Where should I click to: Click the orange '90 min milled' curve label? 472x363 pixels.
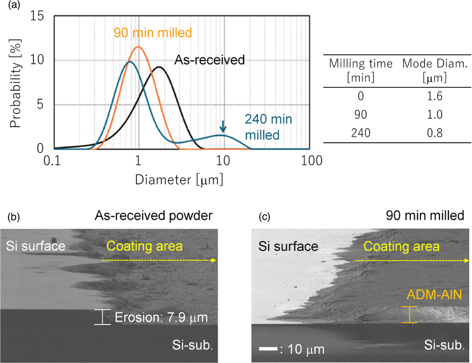[x=153, y=33]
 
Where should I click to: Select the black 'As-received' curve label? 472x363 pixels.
[x=209, y=60]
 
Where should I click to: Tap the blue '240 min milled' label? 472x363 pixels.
[x=268, y=127]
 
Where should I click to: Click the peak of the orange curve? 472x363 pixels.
[x=138, y=47]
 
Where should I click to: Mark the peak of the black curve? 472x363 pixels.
[x=159, y=67]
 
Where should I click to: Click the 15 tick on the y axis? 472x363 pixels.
[x=37, y=16]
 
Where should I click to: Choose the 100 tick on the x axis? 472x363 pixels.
[x=311, y=161]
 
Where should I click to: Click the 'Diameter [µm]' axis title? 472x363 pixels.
[x=179, y=180]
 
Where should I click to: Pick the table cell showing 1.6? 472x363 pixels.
[x=434, y=96]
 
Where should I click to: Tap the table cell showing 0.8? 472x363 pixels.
[x=434, y=133]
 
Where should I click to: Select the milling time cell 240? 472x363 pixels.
[x=360, y=133]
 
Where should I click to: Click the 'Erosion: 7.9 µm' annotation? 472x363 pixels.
[x=161, y=318]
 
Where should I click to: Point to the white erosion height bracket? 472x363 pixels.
[x=102, y=317]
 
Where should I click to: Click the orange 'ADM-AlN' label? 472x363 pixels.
[x=434, y=295]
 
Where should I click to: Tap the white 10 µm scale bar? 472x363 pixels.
[x=268, y=349]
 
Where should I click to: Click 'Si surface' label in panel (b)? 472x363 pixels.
[x=35, y=246]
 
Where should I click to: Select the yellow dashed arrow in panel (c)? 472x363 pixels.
[x=412, y=261]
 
